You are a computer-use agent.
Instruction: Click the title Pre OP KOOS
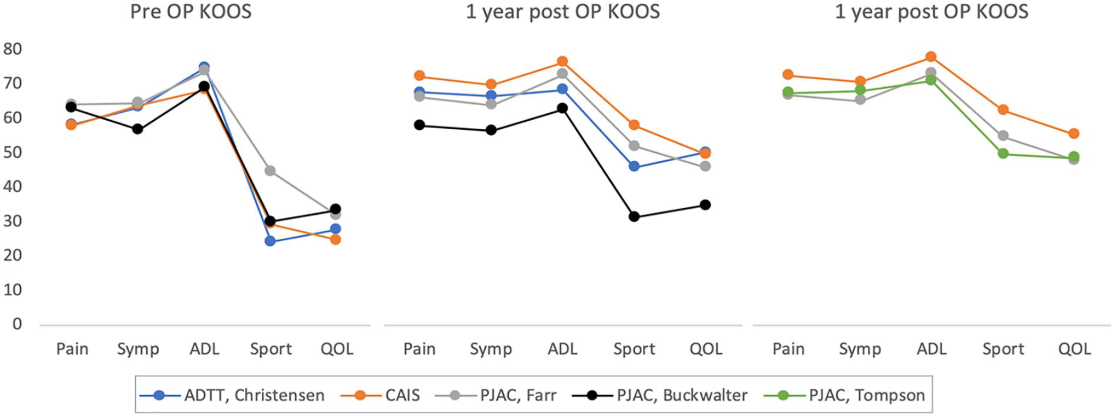click(x=190, y=12)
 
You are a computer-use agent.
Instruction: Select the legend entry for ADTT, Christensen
click(x=232, y=396)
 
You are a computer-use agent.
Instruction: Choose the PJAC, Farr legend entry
click(x=496, y=396)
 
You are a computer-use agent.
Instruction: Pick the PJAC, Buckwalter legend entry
click(x=660, y=396)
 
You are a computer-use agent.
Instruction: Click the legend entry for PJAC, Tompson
click(x=844, y=396)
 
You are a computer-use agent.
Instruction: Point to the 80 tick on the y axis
click(x=13, y=49)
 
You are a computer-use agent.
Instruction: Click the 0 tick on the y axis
click(x=17, y=324)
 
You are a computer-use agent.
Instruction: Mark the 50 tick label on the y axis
click(x=13, y=152)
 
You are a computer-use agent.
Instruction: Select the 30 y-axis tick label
click(x=13, y=221)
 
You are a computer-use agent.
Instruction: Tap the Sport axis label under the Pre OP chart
click(x=271, y=349)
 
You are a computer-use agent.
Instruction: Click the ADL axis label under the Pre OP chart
click(x=204, y=349)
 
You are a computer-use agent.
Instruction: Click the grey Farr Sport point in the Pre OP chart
click(x=270, y=171)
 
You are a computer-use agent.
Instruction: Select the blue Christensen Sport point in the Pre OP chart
click(x=270, y=241)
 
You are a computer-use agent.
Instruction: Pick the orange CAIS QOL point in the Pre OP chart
click(x=336, y=239)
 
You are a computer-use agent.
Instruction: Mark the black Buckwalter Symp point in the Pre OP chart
click(x=138, y=129)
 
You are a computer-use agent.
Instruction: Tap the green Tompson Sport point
click(x=1003, y=154)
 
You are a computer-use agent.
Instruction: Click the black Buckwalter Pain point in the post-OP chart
click(x=419, y=125)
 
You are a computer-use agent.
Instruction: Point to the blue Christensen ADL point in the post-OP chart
click(x=562, y=89)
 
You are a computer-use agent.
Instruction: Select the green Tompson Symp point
click(x=860, y=90)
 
